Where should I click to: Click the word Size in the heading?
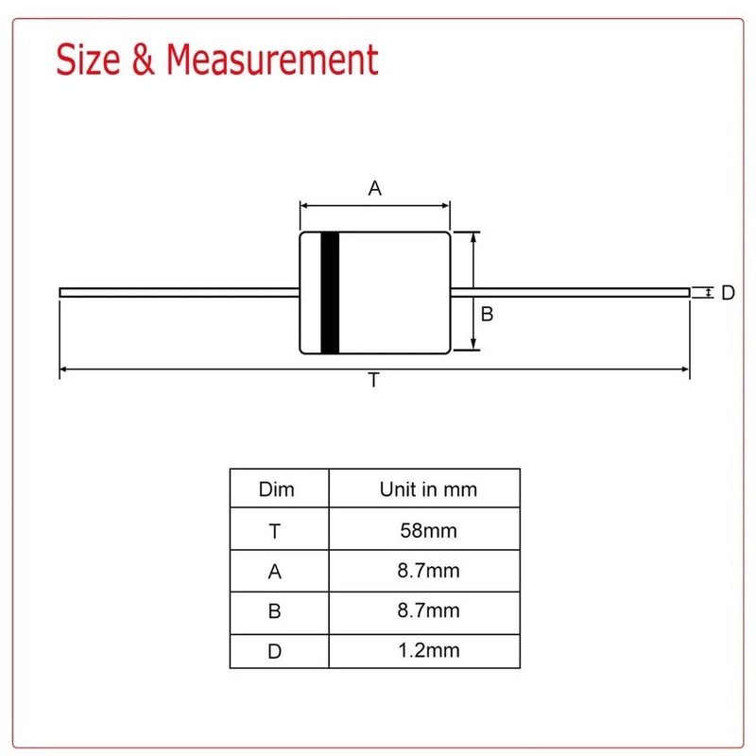[88, 60]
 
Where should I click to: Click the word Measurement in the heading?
[272, 60]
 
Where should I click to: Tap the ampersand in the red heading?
[144, 60]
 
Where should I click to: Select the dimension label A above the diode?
[374, 188]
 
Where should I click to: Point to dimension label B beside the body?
[487, 315]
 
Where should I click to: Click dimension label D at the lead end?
[728, 293]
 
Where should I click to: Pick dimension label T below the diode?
[373, 381]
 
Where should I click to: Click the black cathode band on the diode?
[330, 293]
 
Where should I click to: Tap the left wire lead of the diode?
[180, 293]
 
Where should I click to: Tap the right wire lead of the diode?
[571, 293]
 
